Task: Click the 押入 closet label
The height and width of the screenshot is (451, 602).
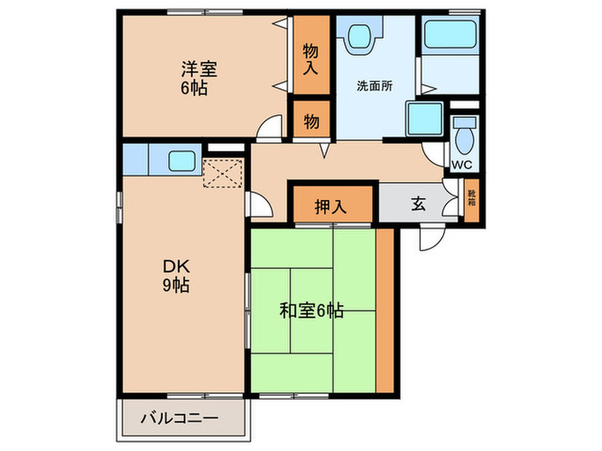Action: click(330, 206)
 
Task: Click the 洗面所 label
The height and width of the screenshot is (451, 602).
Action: click(375, 87)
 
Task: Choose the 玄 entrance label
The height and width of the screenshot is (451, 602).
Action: click(418, 204)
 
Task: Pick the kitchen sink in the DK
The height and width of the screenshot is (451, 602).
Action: click(181, 160)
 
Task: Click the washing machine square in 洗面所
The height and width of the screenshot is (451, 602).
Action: click(425, 119)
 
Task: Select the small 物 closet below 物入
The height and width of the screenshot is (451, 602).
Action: click(311, 121)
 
